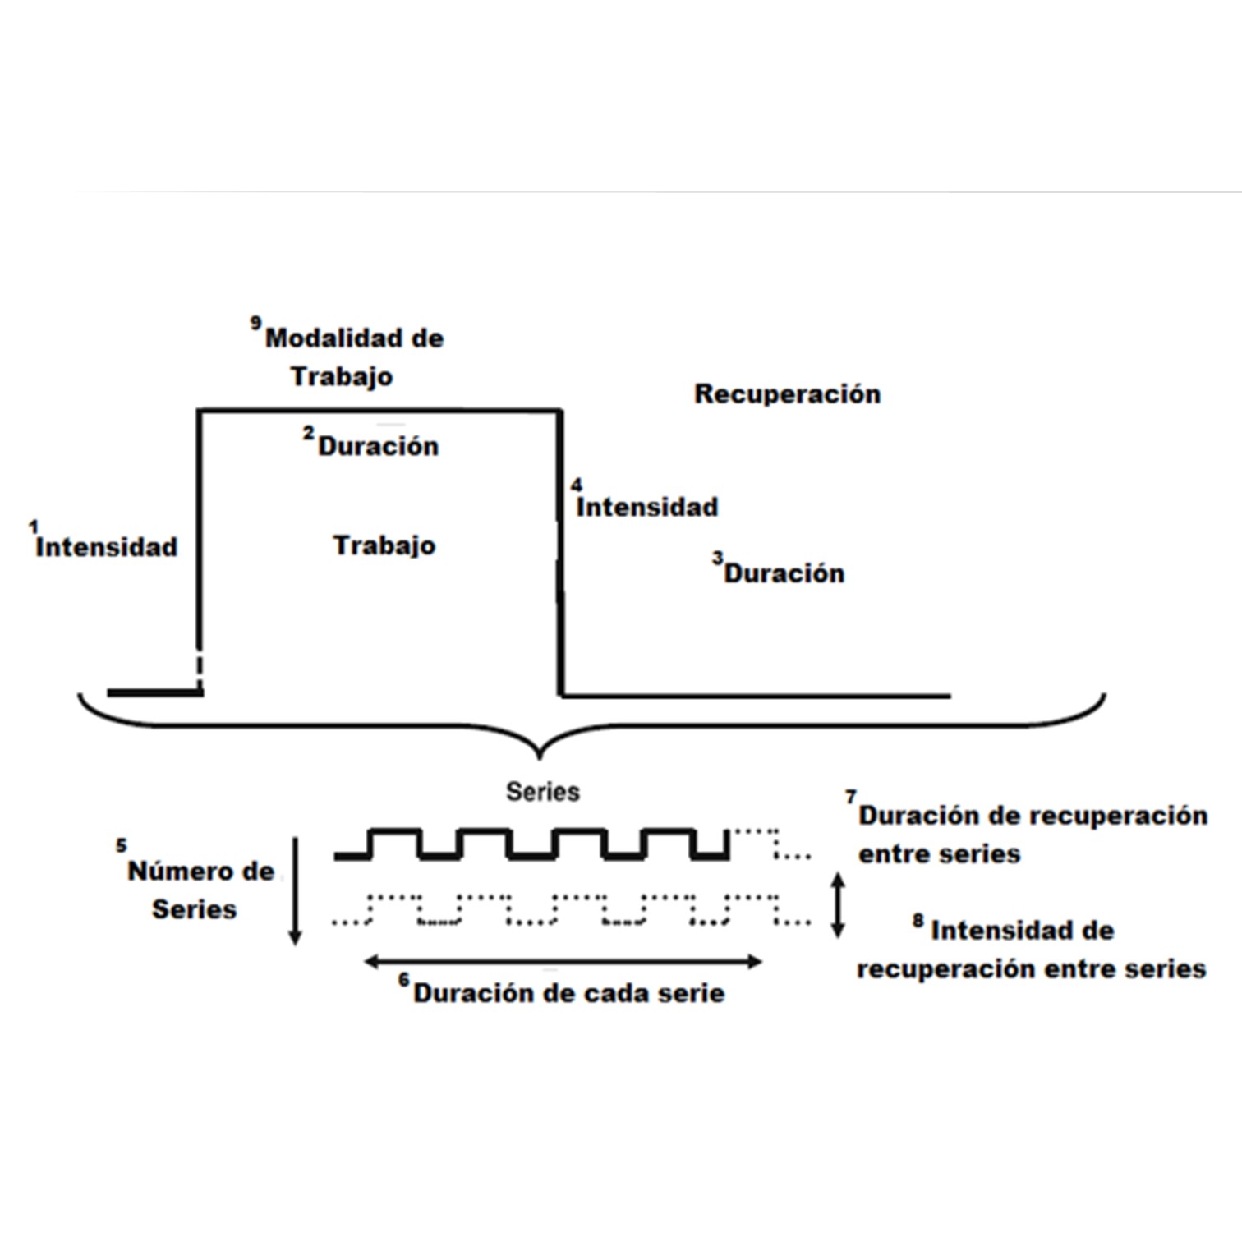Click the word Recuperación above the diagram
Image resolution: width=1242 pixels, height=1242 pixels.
coord(787,394)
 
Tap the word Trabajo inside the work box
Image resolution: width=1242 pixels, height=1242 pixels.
coord(384,545)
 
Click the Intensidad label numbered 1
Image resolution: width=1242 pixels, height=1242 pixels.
coord(106,547)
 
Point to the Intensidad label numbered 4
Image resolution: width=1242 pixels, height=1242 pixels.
coord(646,507)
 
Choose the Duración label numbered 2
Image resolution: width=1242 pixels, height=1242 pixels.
coord(378,446)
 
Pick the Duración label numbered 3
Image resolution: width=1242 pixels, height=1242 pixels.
coord(784,573)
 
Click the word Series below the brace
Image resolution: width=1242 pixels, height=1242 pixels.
coord(542,792)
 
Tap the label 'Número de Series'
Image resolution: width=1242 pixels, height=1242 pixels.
coord(200,890)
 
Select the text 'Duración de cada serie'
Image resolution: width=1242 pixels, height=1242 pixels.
coord(568,993)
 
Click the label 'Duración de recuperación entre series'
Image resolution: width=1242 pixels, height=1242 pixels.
coord(1032,835)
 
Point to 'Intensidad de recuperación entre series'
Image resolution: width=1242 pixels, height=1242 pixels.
coord(1030,950)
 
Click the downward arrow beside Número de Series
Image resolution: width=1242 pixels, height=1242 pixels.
coord(296,891)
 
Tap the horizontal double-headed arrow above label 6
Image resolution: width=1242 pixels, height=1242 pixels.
coord(563,961)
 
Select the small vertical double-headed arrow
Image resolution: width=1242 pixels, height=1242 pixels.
coord(837,905)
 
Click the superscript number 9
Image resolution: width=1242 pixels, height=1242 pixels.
coord(255,323)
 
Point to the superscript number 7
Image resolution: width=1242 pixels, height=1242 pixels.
coord(850,797)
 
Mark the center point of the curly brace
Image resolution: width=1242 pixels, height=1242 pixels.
coord(539,752)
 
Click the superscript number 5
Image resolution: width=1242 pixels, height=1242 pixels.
coord(122,845)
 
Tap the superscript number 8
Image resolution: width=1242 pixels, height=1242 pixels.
coord(918,921)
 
